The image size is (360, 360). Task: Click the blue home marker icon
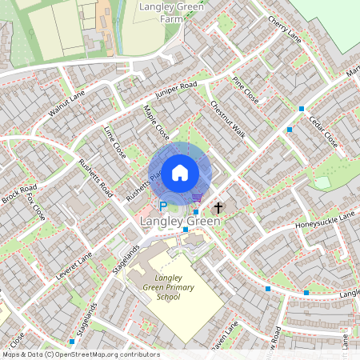tap(180, 172)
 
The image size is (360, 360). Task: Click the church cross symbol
tap(218, 207)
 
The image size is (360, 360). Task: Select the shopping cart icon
tap(197, 198)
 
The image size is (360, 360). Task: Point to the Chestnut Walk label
tap(227, 118)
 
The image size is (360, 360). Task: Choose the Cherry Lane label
tap(284, 30)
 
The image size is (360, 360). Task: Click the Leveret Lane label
tap(74, 266)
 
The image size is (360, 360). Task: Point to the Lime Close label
tap(114, 142)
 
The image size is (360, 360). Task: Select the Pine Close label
tap(245, 91)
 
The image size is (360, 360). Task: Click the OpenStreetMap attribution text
tap(80, 354)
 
